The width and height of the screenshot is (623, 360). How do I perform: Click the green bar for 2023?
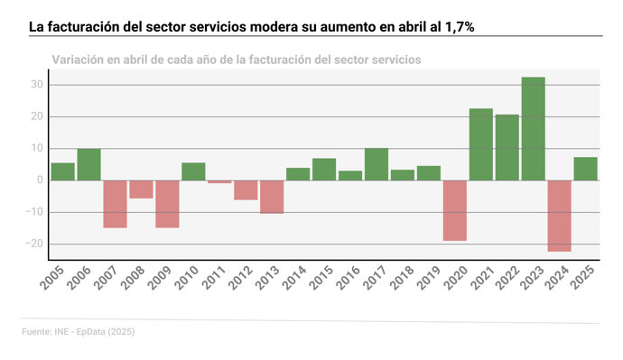click(x=533, y=129)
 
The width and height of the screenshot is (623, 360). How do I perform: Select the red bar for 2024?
click(x=559, y=216)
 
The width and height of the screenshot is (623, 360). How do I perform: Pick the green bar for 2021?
click(x=481, y=144)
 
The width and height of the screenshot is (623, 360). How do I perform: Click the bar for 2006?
click(x=88, y=164)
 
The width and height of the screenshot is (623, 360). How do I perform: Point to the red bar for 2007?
click(x=115, y=204)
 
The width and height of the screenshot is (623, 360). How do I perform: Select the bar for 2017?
click(x=377, y=164)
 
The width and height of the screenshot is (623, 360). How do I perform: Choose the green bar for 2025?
click(x=585, y=169)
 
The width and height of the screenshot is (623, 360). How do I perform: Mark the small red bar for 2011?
click(x=219, y=181)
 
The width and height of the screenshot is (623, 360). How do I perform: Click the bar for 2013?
click(x=272, y=197)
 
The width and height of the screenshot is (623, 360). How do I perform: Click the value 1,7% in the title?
click(x=457, y=28)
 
